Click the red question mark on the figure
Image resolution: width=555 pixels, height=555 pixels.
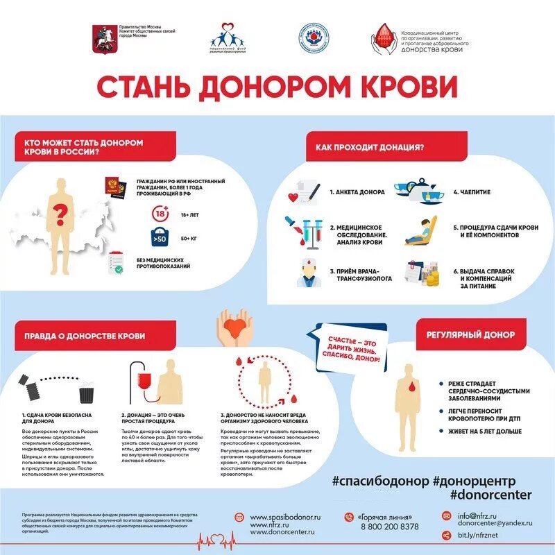coord(62,209)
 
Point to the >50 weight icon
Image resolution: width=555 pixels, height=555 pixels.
coord(160,239)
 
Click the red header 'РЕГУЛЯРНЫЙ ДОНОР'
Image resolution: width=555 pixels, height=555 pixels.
coord(466,335)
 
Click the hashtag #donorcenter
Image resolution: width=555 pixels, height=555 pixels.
coord(490,494)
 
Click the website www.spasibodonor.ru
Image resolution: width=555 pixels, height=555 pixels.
coord(285,518)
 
